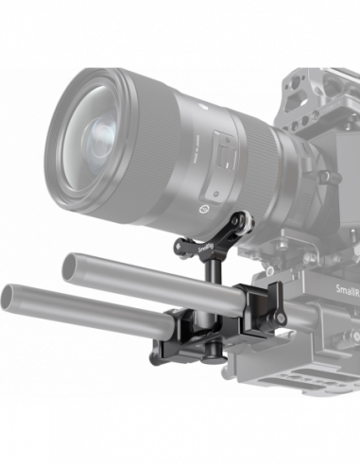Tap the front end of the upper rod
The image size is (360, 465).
tap(73, 263)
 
